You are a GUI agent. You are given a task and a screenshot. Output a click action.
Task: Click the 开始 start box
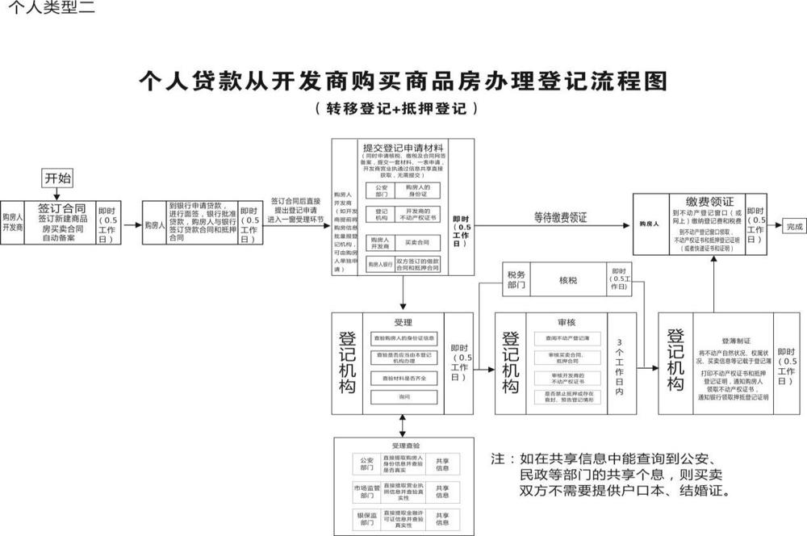click(57, 178)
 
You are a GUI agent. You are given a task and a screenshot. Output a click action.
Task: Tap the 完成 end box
click(795, 228)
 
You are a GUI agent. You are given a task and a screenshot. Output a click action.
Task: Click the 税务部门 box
click(516, 279)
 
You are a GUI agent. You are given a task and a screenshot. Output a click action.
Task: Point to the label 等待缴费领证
click(560, 217)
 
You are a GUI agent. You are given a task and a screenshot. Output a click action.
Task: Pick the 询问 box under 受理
click(404, 397)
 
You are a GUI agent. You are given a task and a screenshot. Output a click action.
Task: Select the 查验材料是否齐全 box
click(404, 377)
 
